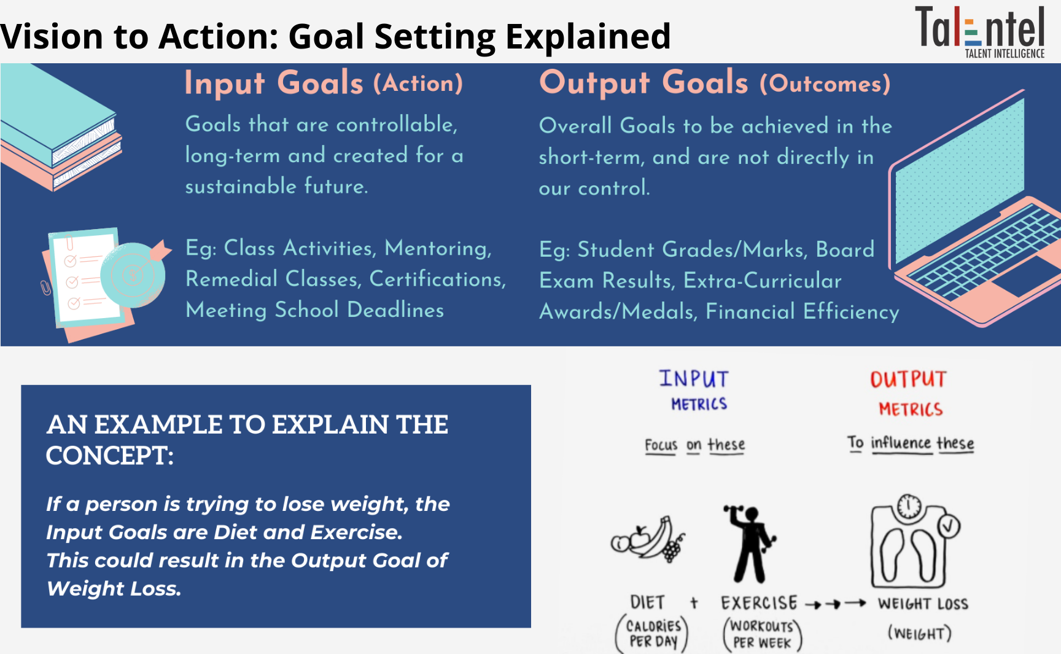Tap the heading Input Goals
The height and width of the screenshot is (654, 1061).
click(274, 84)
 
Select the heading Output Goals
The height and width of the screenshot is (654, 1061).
click(643, 83)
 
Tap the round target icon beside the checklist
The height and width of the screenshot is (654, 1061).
click(133, 274)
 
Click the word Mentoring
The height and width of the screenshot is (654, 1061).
click(438, 249)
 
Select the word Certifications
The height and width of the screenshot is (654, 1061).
click(437, 279)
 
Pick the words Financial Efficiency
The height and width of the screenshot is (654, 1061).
click(803, 312)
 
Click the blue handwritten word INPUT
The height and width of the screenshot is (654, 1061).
click(694, 379)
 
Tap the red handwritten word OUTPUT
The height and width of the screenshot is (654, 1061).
click(909, 380)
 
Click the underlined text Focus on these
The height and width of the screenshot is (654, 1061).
click(694, 445)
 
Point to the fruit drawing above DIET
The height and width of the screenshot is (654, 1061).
click(648, 539)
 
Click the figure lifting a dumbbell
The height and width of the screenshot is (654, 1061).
click(750, 544)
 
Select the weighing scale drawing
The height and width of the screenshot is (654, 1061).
click(915, 542)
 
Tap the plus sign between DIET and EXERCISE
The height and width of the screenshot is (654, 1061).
click(694, 603)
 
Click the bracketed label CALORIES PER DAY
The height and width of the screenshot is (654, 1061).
click(653, 634)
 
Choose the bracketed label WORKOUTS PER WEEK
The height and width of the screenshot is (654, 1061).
click(762, 634)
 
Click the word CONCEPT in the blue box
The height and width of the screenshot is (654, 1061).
click(110, 456)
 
